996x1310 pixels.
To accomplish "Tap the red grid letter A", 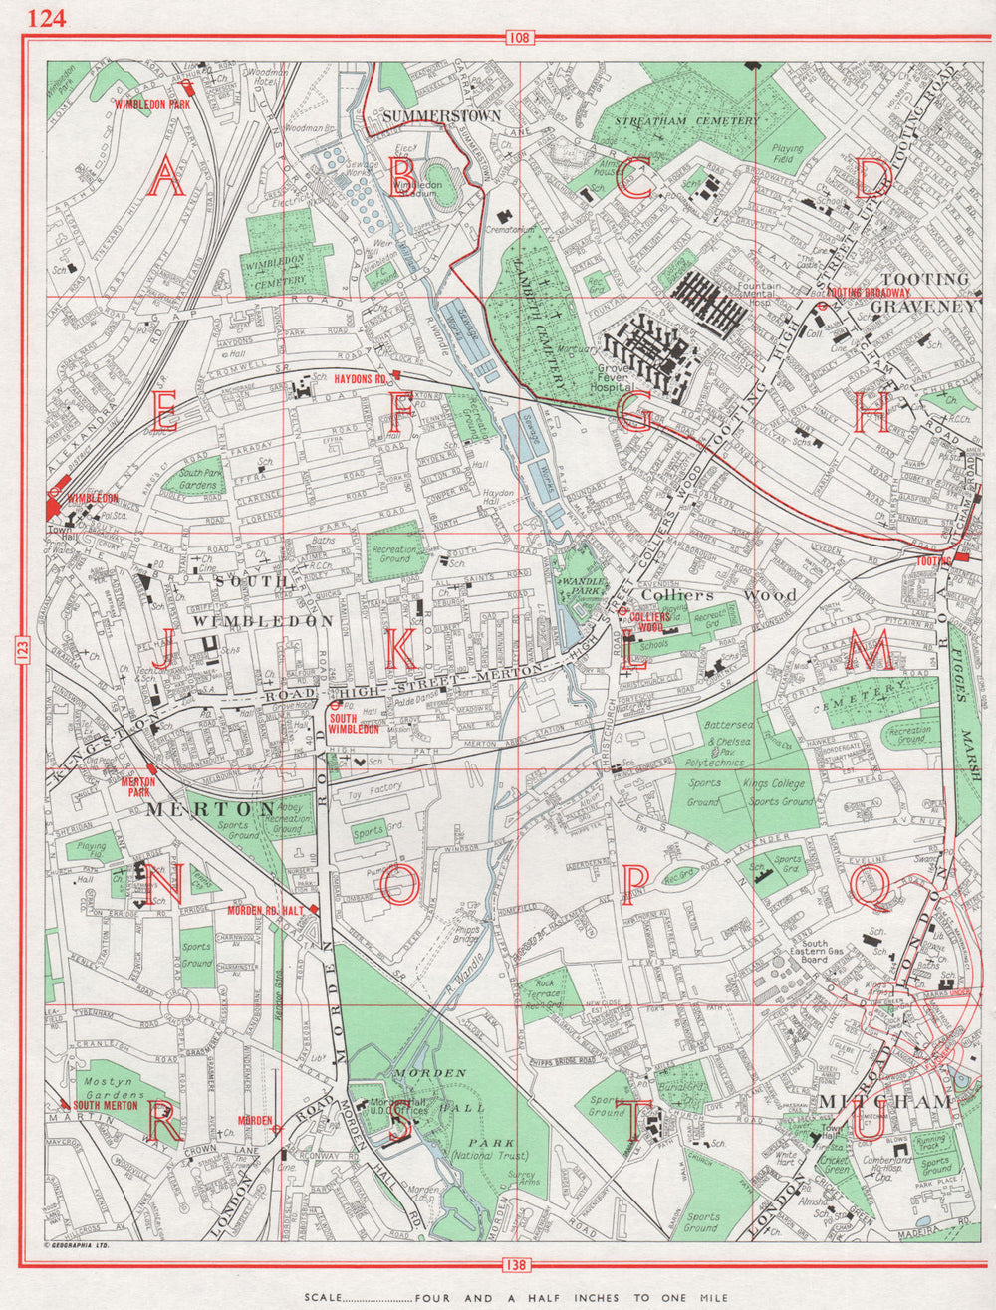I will [165, 180].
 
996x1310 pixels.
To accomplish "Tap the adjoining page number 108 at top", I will [519, 39].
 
